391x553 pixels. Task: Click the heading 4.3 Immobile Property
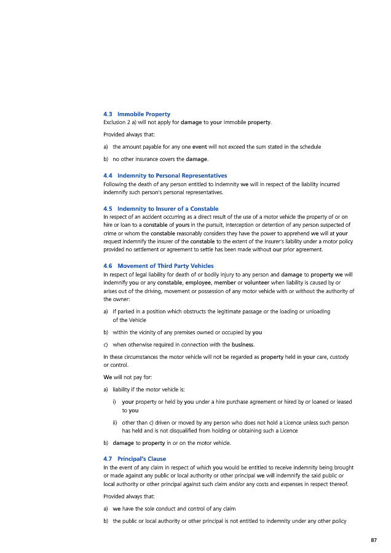(x=137, y=114)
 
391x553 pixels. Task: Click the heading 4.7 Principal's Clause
(x=135, y=459)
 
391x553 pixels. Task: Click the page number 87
(x=373, y=540)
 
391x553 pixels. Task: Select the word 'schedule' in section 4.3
(x=309, y=147)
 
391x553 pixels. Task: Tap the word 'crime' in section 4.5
(x=111, y=233)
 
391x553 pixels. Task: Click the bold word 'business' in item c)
(x=242, y=344)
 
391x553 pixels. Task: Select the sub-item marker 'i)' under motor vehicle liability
(x=115, y=402)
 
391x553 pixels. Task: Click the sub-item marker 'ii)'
(x=115, y=423)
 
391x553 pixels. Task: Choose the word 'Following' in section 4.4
(x=116, y=184)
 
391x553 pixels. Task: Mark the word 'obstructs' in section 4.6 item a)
(x=173, y=312)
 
